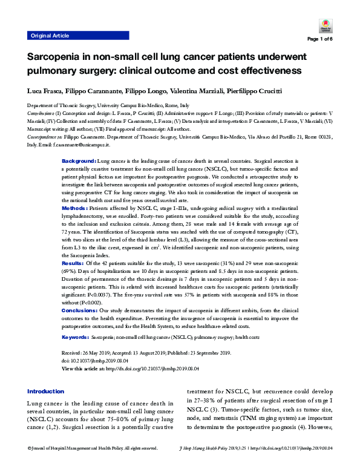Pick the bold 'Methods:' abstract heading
pyautogui.click(x=76, y=208)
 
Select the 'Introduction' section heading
pyautogui.click(x=46, y=391)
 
